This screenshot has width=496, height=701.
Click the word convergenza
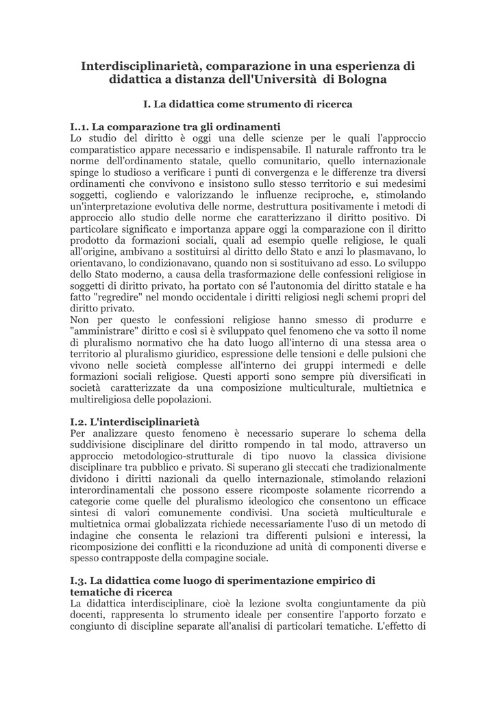[x=317, y=172]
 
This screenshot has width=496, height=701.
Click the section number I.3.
[x=79, y=580]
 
